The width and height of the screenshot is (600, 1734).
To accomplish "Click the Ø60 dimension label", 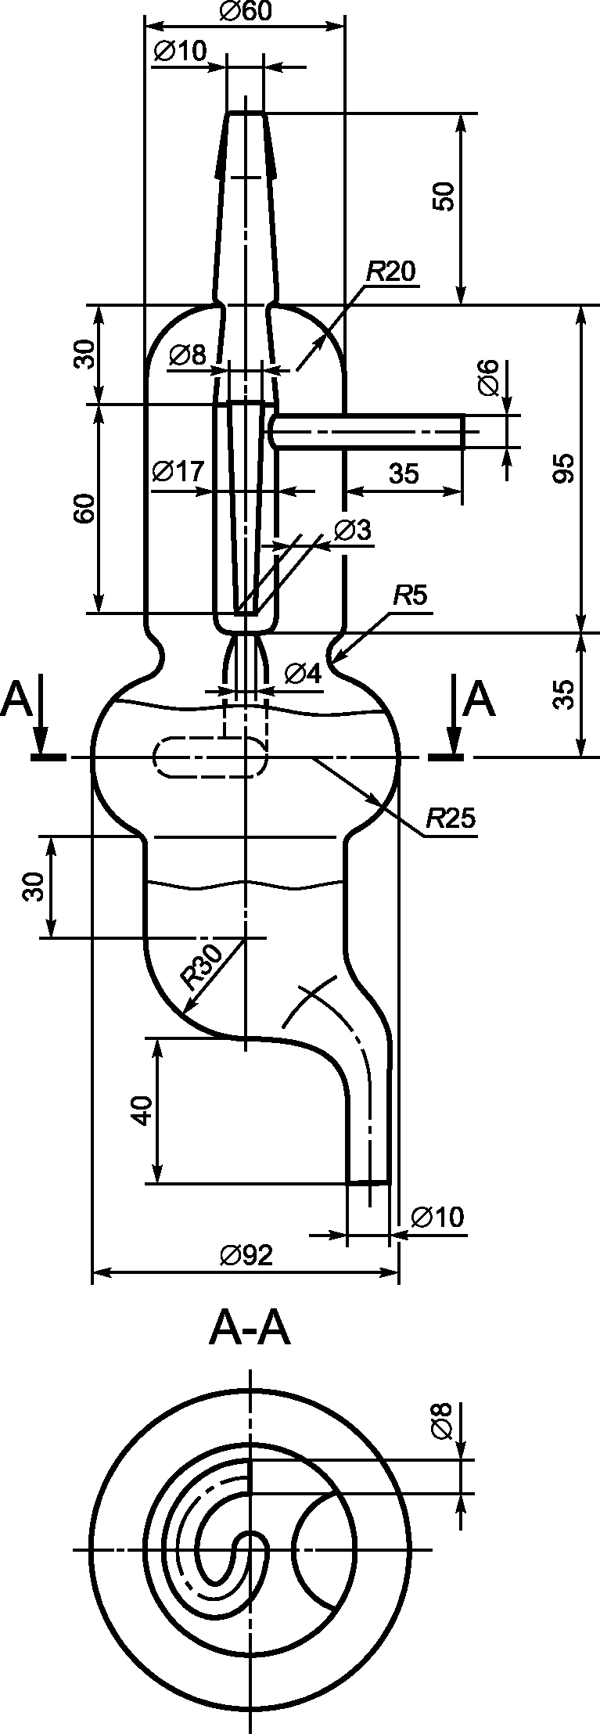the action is click(246, 11).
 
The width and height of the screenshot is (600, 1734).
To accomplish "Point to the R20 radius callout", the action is click(391, 271).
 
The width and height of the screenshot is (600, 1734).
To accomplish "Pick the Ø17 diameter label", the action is click(179, 471).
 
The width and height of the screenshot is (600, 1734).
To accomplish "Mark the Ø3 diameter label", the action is click(352, 530).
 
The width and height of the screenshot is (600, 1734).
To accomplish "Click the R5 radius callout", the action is click(410, 597).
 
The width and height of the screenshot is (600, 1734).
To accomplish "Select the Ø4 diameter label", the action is click(303, 673).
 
